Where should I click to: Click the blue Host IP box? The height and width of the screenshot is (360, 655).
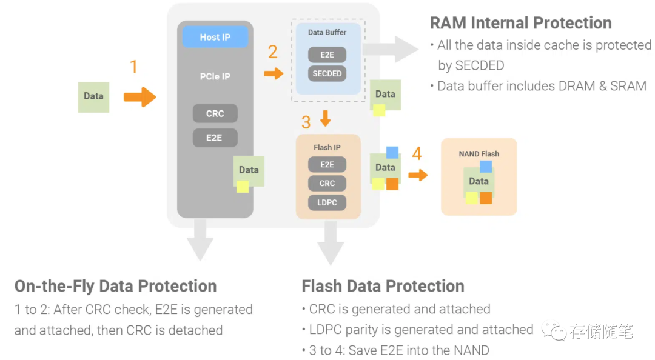(215, 38)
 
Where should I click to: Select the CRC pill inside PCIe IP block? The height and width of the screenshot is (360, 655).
(215, 113)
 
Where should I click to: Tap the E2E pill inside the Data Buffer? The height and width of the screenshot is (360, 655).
(327, 55)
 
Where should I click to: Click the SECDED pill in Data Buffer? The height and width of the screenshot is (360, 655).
(327, 73)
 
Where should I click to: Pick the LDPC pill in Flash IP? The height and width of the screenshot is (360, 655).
(327, 202)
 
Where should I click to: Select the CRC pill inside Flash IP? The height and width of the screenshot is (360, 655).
(327, 183)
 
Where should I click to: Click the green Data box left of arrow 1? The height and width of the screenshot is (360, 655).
(93, 96)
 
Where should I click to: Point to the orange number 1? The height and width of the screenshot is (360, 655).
(134, 67)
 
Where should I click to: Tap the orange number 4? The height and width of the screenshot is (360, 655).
(417, 154)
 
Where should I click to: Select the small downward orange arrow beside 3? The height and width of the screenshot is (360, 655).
(326, 118)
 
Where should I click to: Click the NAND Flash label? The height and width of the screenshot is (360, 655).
(479, 154)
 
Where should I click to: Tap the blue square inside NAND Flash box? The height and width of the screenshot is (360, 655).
(485, 167)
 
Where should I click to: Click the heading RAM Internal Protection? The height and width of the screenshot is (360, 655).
(520, 23)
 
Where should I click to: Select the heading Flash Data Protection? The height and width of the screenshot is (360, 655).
(383, 286)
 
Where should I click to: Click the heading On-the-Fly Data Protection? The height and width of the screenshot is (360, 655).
(115, 286)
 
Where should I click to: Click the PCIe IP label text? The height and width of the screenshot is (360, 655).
(215, 77)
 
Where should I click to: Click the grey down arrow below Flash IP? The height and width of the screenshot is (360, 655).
(330, 242)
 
